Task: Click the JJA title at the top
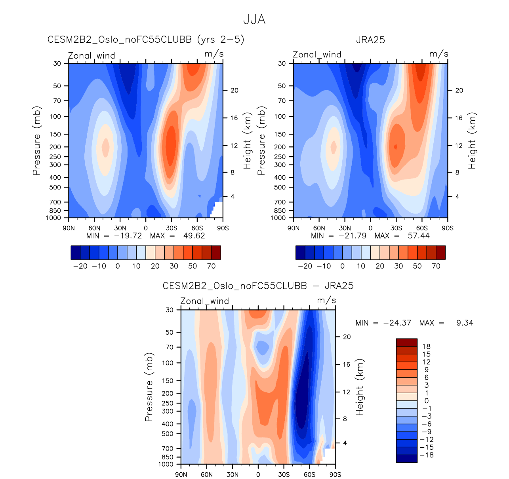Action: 254,20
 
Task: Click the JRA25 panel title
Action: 370,40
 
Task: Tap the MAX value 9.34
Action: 465,323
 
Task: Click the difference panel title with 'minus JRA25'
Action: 258,286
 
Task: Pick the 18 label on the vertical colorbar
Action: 426,346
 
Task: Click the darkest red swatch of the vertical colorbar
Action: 407,343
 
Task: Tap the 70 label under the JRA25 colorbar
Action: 436,266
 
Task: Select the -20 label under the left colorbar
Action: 80,266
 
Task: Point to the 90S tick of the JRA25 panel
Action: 448,228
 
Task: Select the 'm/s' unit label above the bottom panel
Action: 326,301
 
